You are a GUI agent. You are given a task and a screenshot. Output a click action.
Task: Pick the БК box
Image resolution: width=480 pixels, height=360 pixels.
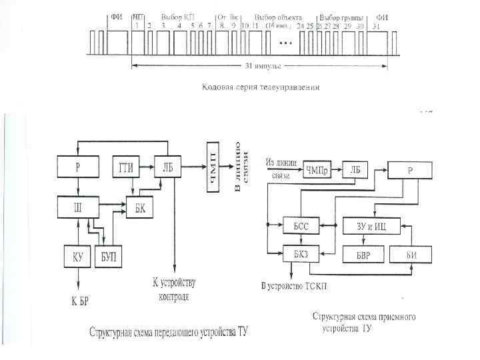(141, 209)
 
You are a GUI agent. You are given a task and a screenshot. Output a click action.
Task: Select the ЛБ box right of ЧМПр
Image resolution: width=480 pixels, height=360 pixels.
(356, 171)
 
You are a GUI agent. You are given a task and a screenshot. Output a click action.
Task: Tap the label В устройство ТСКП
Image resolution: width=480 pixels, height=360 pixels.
(299, 286)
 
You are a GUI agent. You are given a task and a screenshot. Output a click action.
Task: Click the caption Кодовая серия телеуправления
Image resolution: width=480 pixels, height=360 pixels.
(261, 87)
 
